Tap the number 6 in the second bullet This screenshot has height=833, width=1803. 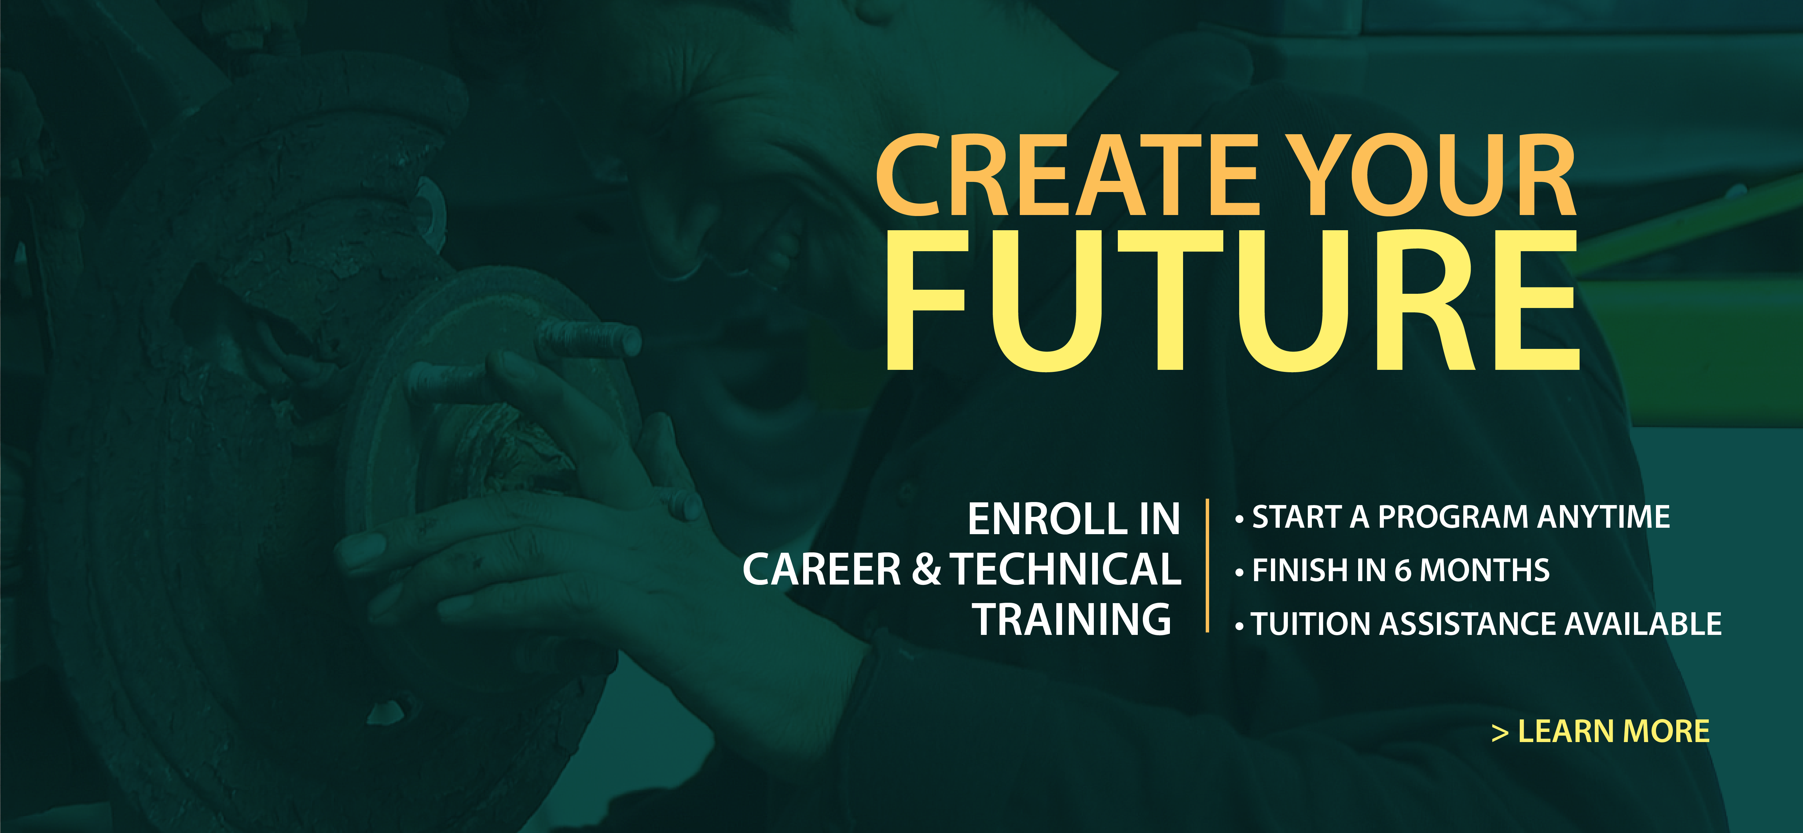click(x=1403, y=571)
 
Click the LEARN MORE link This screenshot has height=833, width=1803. click(x=1600, y=732)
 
